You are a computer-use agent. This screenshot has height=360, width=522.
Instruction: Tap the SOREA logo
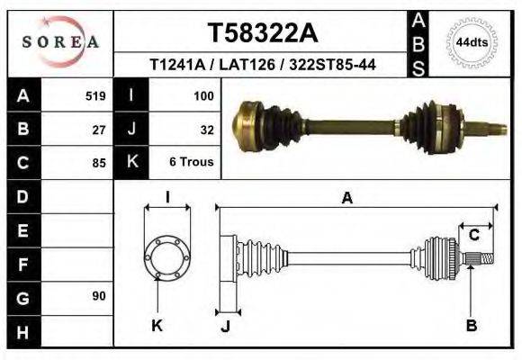(x=60, y=41)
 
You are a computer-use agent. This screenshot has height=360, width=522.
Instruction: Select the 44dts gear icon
(x=472, y=42)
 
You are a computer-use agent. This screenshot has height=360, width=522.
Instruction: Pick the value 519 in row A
(x=95, y=95)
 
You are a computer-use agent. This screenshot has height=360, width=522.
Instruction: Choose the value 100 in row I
(x=202, y=95)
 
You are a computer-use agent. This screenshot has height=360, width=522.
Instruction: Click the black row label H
(x=22, y=332)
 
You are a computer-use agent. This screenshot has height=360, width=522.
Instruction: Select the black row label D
(x=22, y=196)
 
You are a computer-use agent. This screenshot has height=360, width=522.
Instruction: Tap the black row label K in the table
(x=131, y=162)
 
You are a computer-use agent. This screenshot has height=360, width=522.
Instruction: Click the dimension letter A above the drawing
(x=346, y=199)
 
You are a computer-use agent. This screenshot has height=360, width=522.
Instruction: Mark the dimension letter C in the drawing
(x=473, y=235)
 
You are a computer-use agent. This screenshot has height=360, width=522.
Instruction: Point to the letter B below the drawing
(x=471, y=326)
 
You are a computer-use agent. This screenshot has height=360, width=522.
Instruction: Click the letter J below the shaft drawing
(x=225, y=326)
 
